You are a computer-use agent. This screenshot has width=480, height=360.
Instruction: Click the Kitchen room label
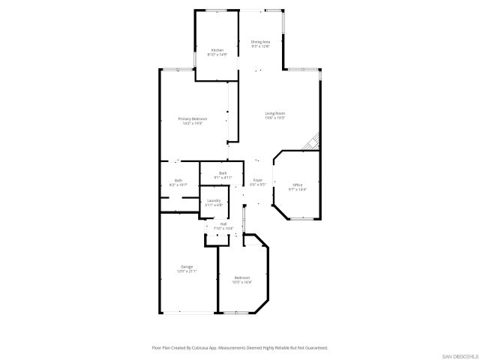pos(217,50)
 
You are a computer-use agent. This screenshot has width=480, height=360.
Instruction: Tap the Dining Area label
pos(260,42)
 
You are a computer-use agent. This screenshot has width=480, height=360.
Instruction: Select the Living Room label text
pos(275,113)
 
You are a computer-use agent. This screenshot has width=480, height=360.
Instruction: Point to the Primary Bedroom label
pos(192,119)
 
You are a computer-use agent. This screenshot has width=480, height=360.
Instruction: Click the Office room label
pos(297,185)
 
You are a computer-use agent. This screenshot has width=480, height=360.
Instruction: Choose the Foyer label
pos(257,180)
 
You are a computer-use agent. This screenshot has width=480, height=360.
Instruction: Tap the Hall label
pos(223,223)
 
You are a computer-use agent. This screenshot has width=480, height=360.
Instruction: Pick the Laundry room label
pos(214,200)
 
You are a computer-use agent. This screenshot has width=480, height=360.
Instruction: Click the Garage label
pos(186,266)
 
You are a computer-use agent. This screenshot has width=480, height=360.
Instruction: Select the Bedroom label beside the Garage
pos(241,277)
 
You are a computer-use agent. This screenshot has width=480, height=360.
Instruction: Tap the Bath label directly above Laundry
pos(223,173)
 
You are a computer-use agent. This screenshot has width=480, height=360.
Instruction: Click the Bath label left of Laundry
pos(178,180)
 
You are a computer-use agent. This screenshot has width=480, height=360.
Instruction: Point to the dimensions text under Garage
pos(186,271)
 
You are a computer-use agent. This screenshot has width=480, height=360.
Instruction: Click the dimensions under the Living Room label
pos(275,118)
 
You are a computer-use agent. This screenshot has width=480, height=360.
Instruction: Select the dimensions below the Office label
pos(297,190)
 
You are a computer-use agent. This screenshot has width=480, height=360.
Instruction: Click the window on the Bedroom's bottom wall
pos(237,312)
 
